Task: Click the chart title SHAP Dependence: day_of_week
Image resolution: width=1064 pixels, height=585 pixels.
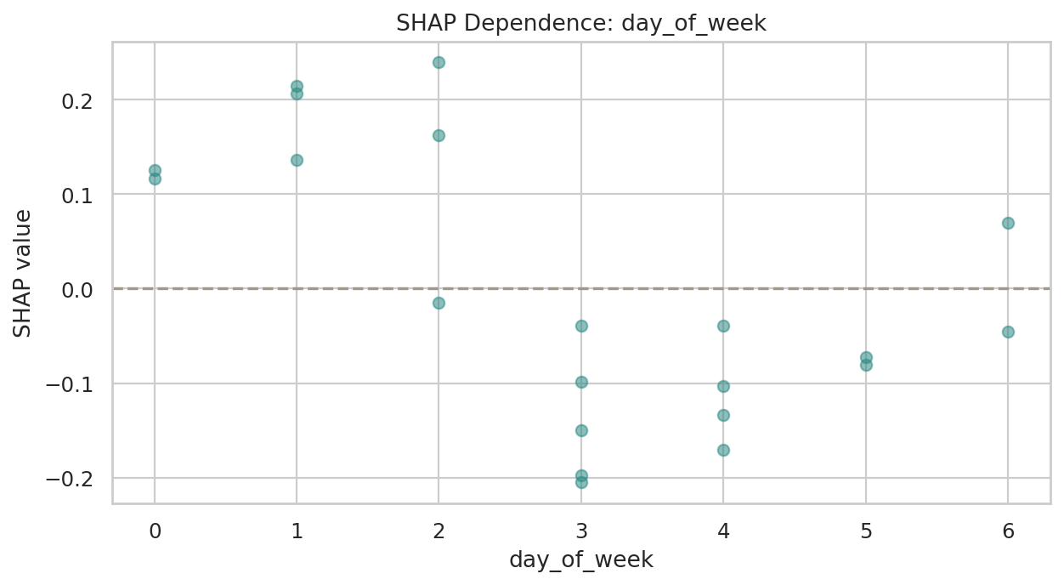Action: click(x=581, y=23)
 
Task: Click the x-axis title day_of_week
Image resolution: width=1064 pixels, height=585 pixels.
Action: click(x=581, y=559)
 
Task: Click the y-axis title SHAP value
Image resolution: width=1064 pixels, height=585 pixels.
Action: click(x=23, y=273)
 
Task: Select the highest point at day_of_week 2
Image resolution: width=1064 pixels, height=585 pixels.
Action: click(x=439, y=62)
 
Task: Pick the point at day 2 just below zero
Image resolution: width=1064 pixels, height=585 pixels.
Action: click(x=439, y=303)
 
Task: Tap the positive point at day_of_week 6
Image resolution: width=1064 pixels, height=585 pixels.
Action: click(x=1008, y=223)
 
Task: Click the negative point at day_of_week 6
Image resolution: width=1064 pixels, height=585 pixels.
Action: click(x=1008, y=332)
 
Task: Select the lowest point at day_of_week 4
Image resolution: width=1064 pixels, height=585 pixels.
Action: click(x=723, y=450)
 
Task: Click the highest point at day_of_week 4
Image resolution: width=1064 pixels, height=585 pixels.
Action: click(x=723, y=326)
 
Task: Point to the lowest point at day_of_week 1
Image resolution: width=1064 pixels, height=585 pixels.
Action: click(x=297, y=160)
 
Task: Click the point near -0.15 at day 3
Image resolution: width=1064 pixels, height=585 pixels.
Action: click(x=581, y=430)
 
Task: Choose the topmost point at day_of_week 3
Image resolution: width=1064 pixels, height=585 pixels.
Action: click(x=581, y=326)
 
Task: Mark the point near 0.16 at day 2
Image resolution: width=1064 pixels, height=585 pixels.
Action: click(x=439, y=135)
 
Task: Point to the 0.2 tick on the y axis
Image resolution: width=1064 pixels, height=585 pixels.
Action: click(x=79, y=100)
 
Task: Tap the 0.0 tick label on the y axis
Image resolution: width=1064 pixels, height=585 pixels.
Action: click(x=79, y=290)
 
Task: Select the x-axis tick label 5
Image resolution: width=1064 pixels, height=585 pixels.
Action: click(x=866, y=531)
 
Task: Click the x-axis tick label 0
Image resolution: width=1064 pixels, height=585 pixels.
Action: click(x=155, y=531)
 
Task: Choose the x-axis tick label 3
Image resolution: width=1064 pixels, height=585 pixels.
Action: click(x=581, y=531)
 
